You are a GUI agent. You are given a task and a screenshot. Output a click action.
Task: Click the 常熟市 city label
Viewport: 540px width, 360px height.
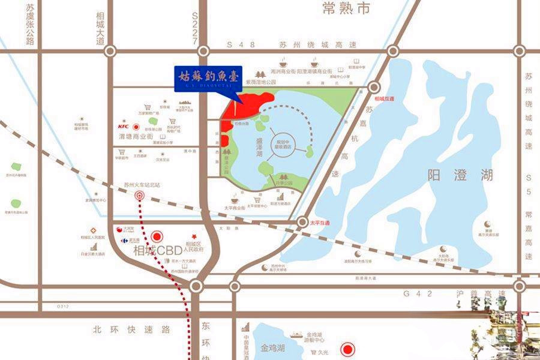[x=347, y=8]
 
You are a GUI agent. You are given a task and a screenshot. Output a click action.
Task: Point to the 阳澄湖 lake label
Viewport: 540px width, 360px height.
[x=461, y=175]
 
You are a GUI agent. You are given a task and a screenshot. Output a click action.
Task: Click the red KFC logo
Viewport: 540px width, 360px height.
[x=124, y=126]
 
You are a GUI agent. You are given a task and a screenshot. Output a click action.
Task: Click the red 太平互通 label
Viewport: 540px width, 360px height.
[x=321, y=222]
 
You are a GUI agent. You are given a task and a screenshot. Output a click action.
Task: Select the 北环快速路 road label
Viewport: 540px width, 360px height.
[x=132, y=329]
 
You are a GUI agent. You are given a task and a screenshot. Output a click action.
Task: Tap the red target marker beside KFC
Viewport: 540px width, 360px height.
[x=136, y=127]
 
